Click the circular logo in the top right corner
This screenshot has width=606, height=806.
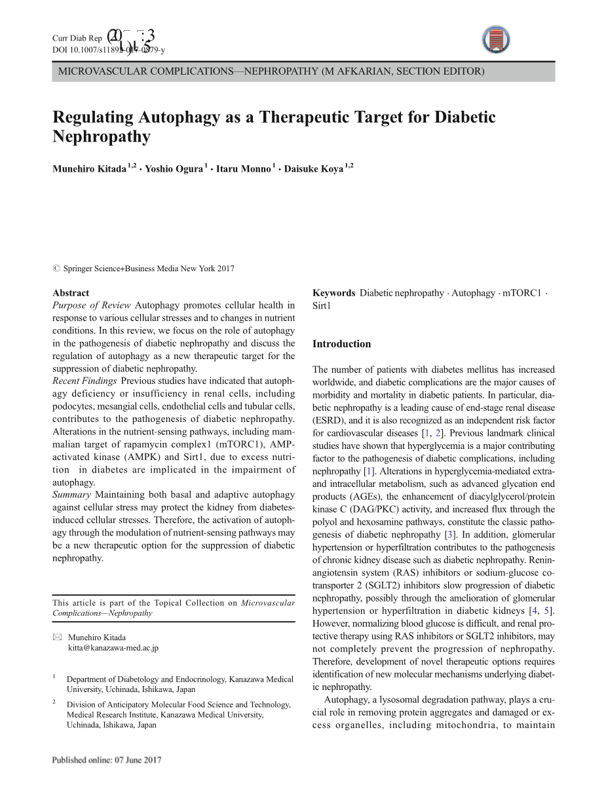click(x=497, y=41)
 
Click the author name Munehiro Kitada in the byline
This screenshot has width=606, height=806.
click(x=89, y=169)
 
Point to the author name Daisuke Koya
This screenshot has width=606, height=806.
click(x=314, y=169)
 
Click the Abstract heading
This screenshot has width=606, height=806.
click(x=71, y=293)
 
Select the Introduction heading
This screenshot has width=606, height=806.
click(x=341, y=344)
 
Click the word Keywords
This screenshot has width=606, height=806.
click(x=334, y=293)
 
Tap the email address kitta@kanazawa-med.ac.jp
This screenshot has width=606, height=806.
click(x=113, y=648)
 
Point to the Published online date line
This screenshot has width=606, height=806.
click(x=107, y=760)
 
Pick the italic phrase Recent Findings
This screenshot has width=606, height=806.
click(x=85, y=381)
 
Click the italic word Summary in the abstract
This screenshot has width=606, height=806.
click(x=71, y=495)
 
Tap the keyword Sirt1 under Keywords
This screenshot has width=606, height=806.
click(x=322, y=305)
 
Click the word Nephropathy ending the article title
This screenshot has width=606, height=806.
click(x=102, y=137)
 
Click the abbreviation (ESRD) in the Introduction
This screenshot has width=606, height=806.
click(x=327, y=421)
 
